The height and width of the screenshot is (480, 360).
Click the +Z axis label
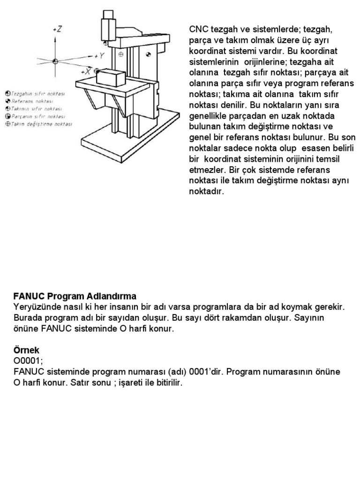(x=58, y=29)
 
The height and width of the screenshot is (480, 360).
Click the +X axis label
(x=85, y=72)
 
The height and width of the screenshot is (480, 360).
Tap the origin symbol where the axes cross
(x=55, y=61)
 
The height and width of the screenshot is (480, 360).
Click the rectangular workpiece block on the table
(x=110, y=76)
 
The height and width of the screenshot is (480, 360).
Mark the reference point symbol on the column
(x=149, y=55)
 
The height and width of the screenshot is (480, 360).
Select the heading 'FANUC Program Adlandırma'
(x=75, y=296)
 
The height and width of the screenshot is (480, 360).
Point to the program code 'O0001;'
(x=29, y=361)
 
